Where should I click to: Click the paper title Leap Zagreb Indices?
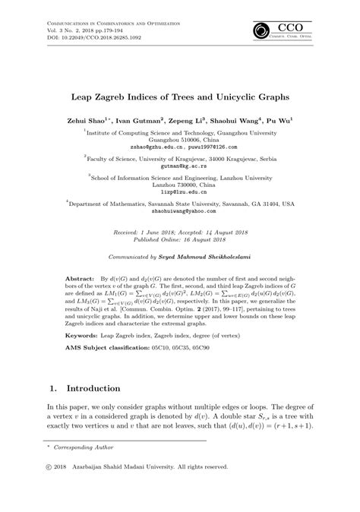point(179,97)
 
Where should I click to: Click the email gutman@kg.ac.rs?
point(179,165)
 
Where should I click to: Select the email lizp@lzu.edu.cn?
point(179,194)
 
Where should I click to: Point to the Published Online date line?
point(179,236)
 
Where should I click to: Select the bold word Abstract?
point(81,280)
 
